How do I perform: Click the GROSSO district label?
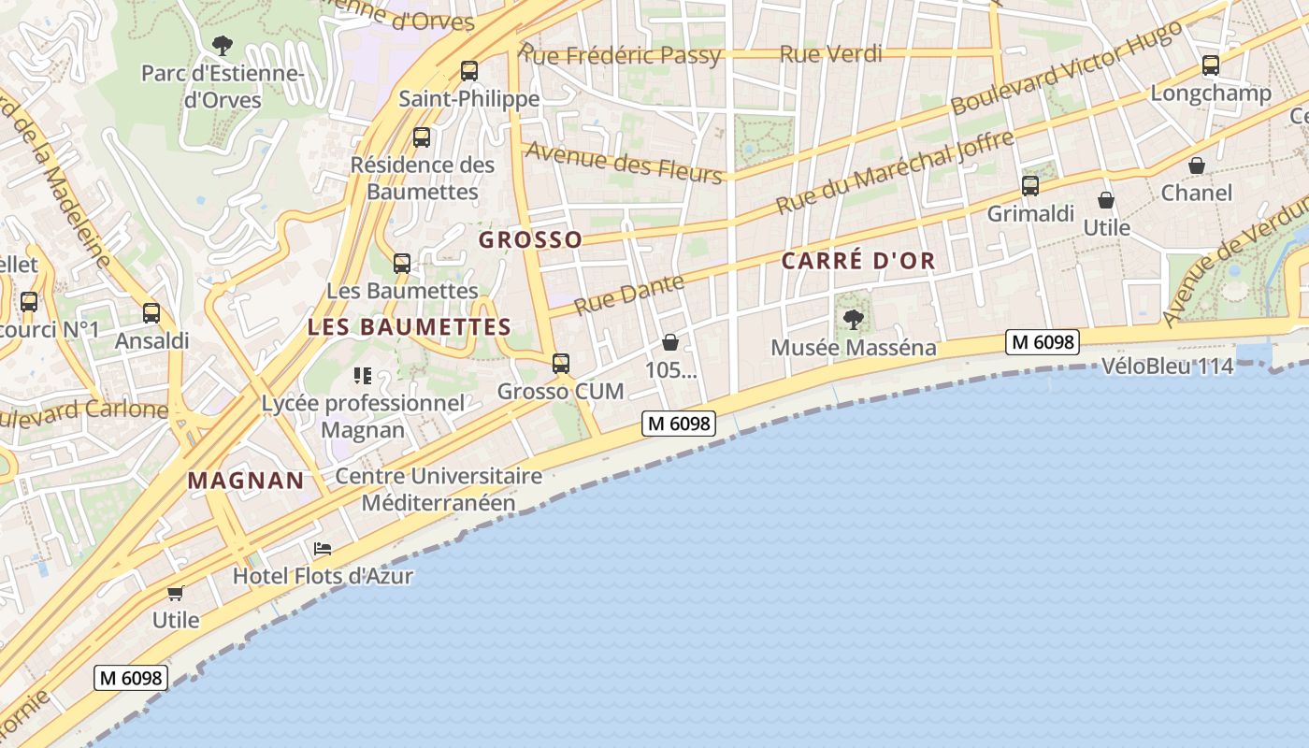530,240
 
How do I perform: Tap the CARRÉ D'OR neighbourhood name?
858,262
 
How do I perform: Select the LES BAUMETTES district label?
409,327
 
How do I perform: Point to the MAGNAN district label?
246,481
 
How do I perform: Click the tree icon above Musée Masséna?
853,320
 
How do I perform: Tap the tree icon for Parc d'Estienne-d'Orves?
222,44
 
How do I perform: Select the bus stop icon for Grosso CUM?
560,363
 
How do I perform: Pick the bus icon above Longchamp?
1211,65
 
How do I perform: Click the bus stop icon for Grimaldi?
1029,186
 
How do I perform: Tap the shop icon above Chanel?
1196,165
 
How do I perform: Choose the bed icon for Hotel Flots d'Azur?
323,548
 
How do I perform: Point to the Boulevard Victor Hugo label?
1066,67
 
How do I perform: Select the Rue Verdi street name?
830,54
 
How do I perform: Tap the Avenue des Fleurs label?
623,162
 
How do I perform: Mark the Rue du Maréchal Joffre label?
895,172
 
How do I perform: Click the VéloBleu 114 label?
1167,367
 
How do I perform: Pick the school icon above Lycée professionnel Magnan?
363,376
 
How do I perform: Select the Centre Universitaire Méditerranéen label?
439,489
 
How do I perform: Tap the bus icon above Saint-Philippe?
469,70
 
